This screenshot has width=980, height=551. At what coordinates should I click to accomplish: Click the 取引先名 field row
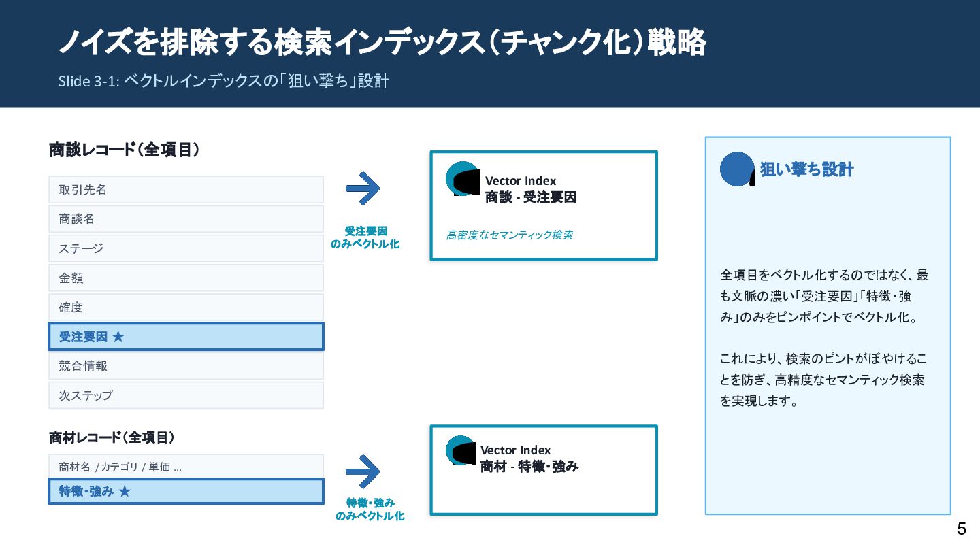186,190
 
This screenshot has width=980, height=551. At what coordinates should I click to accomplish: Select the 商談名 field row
186,219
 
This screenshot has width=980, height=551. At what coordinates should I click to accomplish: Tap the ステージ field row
186,248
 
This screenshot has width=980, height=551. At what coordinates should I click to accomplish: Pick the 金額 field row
186,278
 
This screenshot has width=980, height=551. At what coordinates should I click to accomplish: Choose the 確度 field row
186,307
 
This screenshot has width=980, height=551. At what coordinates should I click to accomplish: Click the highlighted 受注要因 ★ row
186,337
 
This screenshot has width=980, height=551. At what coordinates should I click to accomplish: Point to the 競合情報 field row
186,366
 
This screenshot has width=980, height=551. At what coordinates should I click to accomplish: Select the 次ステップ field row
186,395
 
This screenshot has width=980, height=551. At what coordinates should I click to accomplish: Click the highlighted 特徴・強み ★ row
186,491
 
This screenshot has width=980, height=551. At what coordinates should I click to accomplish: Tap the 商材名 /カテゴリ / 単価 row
186,467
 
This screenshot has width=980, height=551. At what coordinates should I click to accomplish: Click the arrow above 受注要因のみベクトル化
363,188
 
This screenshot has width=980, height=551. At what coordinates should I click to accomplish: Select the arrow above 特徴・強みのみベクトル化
363,470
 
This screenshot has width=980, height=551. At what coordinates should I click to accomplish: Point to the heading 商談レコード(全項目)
125,150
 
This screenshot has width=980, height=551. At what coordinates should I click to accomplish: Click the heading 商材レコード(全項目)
112,438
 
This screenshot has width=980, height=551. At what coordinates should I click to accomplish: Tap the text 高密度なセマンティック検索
509,235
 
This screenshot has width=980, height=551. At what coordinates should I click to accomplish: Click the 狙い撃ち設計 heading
806,169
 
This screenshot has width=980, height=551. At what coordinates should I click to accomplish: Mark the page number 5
961,529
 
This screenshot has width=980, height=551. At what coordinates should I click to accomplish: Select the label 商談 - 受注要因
531,198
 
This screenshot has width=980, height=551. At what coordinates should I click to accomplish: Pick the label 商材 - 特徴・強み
529,467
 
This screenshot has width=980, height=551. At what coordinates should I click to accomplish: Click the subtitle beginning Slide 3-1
223,81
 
